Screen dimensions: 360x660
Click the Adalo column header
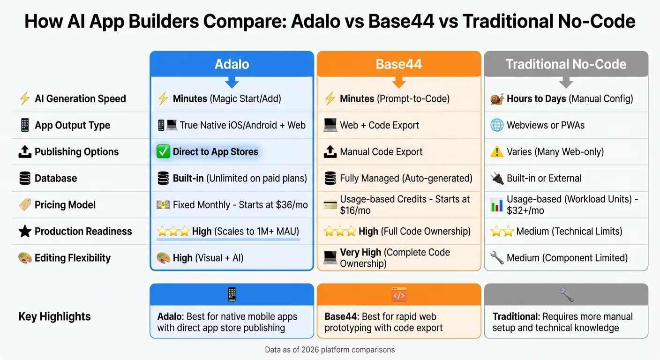232,64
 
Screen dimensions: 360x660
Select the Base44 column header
399,64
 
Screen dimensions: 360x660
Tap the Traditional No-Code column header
566,64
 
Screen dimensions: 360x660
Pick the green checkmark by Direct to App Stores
163,152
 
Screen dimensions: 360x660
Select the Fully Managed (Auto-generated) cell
406,178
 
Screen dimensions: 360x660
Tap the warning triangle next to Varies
496,152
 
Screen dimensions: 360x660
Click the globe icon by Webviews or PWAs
496,125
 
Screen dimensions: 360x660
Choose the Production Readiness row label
83,231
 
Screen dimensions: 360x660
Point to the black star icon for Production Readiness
25,231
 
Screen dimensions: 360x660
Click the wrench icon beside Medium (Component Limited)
496,258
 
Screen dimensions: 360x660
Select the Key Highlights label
55,316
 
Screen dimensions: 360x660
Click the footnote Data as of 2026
330,350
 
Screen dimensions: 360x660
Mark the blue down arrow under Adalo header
232,83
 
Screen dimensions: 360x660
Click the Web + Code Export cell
379,125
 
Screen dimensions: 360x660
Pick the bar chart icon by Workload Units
496,205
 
